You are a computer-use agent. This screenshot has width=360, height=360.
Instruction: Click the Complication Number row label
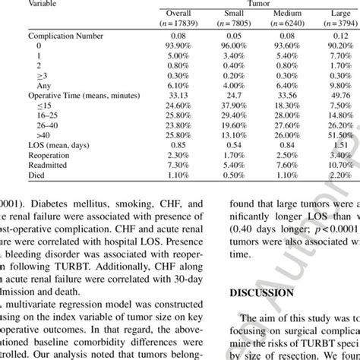click(x=64, y=36)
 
